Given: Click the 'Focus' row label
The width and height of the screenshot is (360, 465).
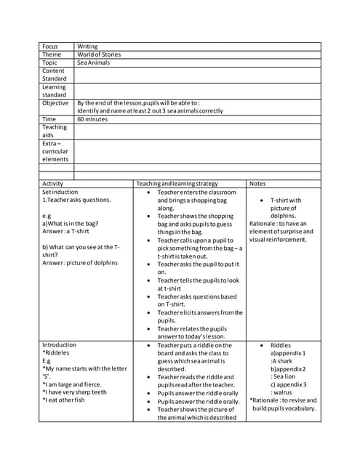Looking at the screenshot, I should tap(50, 46).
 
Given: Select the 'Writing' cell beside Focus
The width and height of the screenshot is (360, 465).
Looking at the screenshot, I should tap(87, 46).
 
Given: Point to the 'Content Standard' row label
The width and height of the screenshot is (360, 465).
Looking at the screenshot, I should tap(54, 75).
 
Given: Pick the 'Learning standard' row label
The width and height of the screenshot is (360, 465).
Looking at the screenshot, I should tap(54, 91).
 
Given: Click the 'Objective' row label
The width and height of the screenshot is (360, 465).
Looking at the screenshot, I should tap(56, 103).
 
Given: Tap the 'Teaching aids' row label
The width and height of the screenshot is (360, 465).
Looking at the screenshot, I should tap(55, 131).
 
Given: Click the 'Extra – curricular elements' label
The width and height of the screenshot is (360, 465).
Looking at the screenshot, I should tap(55, 151).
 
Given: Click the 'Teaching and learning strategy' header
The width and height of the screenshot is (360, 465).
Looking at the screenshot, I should tap(177, 184).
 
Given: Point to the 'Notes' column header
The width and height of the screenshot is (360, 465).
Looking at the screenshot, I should tap(258, 184).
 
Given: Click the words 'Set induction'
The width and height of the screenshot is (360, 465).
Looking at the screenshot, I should tap(63, 192).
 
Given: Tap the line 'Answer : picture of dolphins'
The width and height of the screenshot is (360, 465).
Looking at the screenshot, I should tap(79, 262).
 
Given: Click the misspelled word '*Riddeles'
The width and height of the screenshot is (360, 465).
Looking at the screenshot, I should tap(56, 353).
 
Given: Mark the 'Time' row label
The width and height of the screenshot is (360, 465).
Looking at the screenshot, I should tap(49, 119).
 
